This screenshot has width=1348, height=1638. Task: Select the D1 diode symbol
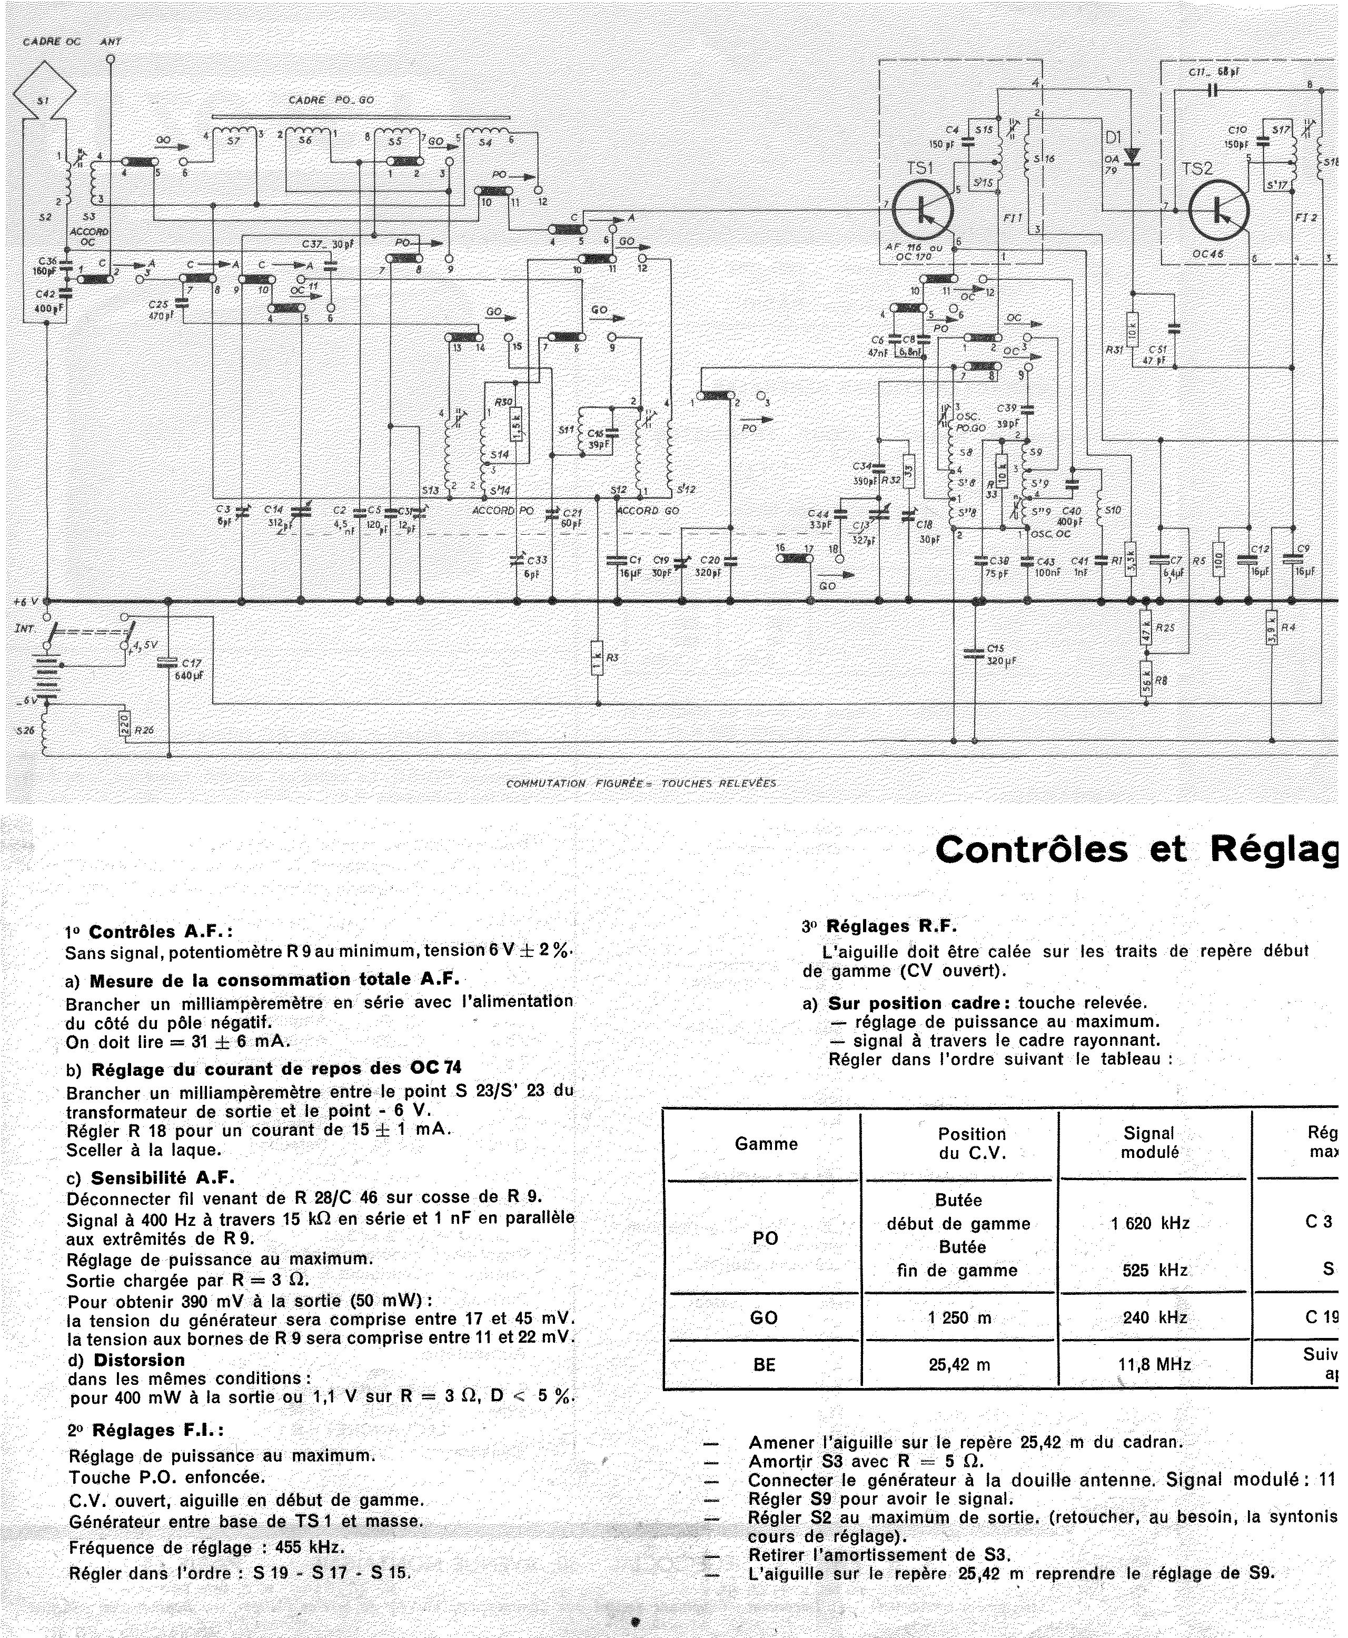[1132, 155]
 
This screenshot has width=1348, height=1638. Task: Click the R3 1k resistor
[597, 657]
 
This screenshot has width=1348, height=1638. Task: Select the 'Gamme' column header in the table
[766, 1144]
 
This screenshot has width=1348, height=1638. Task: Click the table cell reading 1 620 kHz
[1150, 1223]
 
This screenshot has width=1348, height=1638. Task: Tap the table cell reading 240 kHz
[1150, 1317]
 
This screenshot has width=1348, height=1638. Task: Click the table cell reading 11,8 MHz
[1150, 1364]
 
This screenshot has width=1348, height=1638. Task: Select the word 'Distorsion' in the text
[139, 1360]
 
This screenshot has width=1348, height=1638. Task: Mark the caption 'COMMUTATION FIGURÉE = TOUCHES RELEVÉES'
[641, 783]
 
